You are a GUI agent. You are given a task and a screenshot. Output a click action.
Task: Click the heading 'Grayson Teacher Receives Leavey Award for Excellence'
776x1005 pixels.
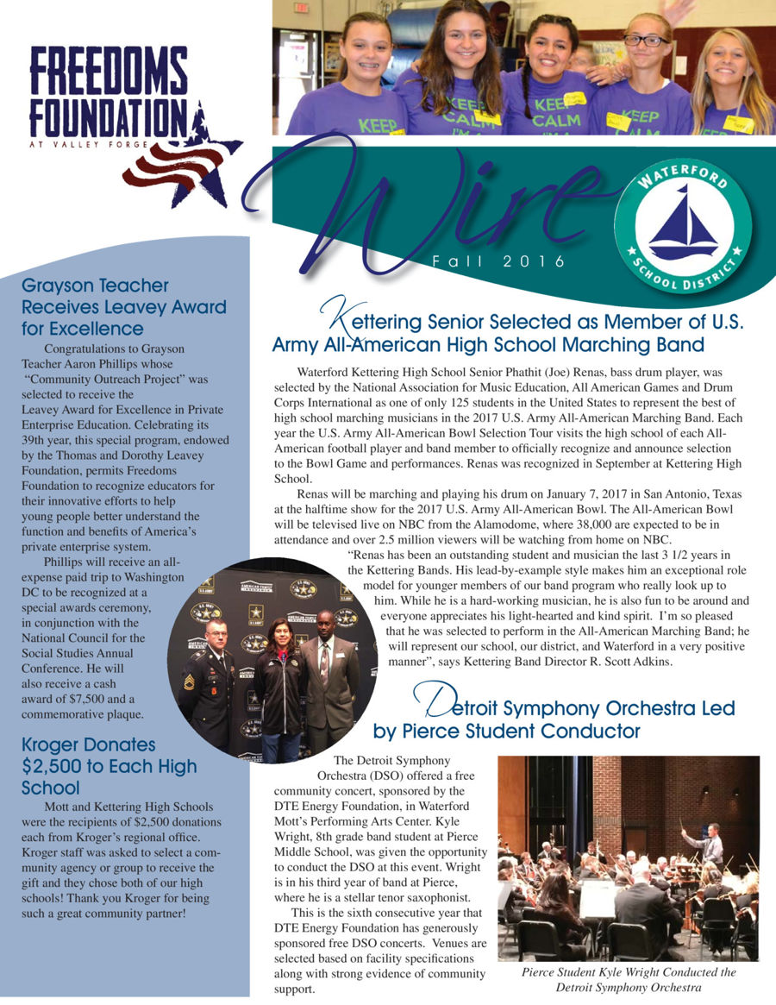tap(123, 306)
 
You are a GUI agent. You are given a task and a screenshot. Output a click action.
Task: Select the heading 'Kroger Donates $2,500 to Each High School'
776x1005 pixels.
tap(110, 766)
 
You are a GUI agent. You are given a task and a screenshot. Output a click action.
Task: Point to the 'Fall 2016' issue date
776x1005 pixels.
tap(499, 261)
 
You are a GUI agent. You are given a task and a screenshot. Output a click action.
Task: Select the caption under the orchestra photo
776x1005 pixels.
tap(629, 979)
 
